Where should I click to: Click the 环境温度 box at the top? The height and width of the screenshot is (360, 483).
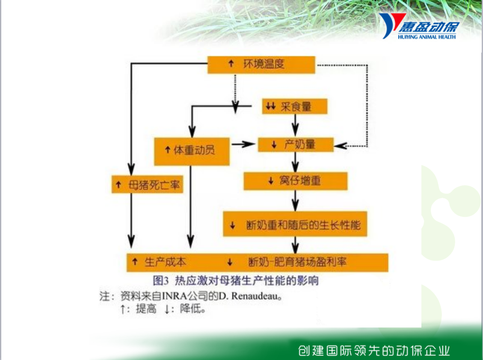tap(261, 65)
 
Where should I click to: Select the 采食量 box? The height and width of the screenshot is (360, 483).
tap(294, 106)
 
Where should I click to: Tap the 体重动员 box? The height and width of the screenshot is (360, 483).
tap(192, 151)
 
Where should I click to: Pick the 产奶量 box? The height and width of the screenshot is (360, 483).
tap(296, 145)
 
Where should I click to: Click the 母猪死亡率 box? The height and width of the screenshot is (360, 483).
tap(147, 184)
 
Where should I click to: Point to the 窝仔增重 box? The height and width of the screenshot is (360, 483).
tap(296, 181)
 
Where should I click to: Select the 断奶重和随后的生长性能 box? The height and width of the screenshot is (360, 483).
tap(295, 224)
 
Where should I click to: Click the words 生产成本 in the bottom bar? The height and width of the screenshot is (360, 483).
tap(166, 262)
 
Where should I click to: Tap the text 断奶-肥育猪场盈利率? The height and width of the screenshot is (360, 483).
tap(297, 262)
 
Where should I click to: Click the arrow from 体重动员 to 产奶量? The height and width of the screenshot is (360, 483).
tap(244, 144)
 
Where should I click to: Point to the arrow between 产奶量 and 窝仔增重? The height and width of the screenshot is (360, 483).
tap(296, 162)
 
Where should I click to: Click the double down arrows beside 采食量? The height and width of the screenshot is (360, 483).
tap(270, 106)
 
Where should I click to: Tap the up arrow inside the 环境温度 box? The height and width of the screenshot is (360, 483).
tap(231, 63)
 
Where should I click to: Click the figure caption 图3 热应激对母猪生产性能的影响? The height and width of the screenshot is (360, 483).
tap(236, 280)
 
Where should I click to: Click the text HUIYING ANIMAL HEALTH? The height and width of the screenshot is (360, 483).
tap(427, 37)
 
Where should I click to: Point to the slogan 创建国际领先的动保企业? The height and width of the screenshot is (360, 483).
tap(374, 351)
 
